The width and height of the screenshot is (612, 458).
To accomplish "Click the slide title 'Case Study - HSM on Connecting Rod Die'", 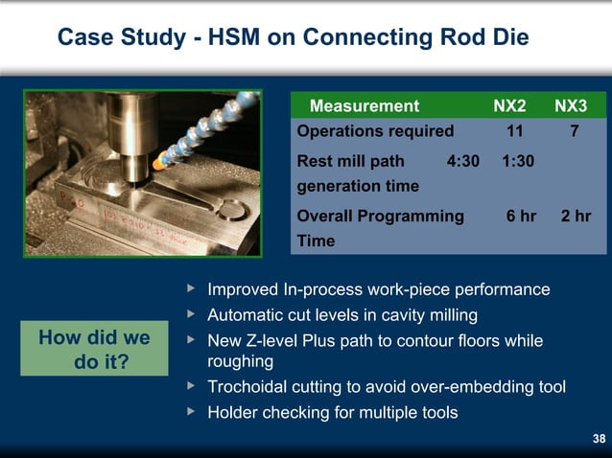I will pos(293,37).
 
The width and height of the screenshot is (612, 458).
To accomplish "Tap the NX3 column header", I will pos(572,105).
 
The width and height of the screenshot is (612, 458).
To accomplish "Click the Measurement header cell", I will pos(364,105).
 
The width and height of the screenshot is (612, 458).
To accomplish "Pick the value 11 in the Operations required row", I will pos(514,131).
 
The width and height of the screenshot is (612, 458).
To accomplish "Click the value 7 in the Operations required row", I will pos(574,131).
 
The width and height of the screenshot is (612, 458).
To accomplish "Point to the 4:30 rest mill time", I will pos(463,161).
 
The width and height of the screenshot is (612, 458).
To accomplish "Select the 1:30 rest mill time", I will pos(518,161).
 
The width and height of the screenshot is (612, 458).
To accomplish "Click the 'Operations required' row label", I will pos(375,131).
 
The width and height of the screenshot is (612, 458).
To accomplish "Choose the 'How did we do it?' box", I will pos(94,351).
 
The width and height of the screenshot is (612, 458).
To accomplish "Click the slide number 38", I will pos(599,439).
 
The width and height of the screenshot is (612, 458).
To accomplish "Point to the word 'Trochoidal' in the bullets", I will pos(248,387).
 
